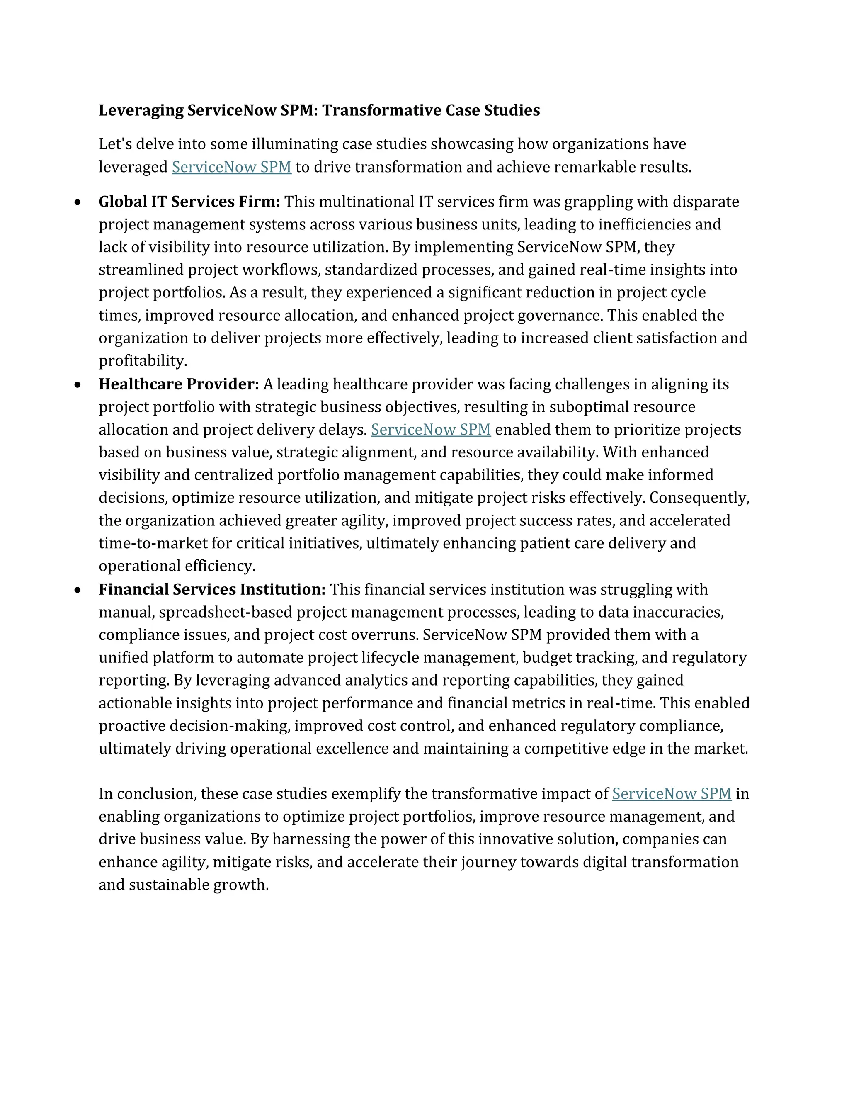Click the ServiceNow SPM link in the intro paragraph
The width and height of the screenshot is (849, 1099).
click(x=231, y=167)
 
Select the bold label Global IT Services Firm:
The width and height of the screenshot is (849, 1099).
click(x=189, y=202)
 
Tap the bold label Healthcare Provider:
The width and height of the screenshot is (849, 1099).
click(x=179, y=384)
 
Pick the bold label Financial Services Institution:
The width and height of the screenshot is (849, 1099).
click(x=212, y=589)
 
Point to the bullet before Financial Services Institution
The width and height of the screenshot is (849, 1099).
click(x=77, y=590)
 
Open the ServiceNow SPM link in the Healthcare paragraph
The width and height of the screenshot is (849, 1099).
click(x=431, y=430)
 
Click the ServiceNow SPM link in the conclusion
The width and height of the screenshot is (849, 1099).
click(x=672, y=793)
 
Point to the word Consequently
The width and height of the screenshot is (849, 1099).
click(x=699, y=498)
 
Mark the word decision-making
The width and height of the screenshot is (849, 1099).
click(x=229, y=726)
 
